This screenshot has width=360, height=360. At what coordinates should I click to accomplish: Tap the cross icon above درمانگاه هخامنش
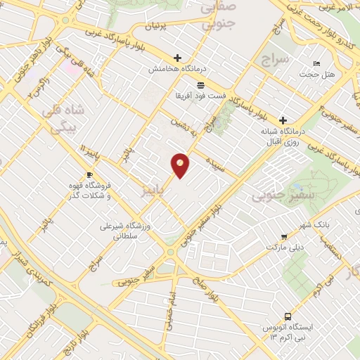(177, 58)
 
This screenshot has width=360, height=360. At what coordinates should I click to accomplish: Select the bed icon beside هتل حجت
(316, 63)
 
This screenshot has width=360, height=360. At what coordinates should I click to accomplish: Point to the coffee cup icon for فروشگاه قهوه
(89, 174)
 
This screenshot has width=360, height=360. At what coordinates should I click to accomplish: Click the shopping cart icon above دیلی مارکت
(283, 237)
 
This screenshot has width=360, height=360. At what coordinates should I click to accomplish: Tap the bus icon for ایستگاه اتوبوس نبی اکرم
(287, 316)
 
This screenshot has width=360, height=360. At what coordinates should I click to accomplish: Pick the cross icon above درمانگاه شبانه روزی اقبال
(283, 120)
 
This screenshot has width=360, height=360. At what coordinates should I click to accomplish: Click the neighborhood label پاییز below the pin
(154, 189)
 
